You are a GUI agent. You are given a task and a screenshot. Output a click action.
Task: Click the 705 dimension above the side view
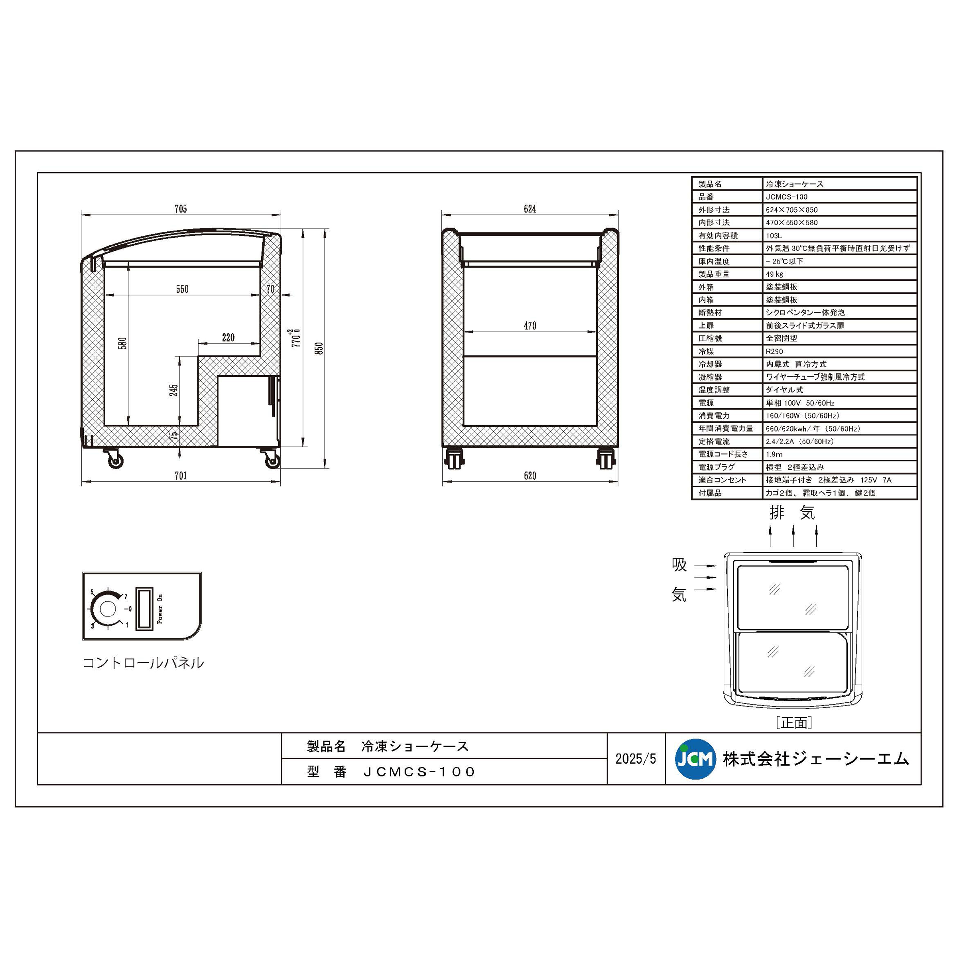tap(181, 209)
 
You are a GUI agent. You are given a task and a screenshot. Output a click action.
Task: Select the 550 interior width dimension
tap(182, 289)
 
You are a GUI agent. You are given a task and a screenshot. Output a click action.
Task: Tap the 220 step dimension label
tap(228, 338)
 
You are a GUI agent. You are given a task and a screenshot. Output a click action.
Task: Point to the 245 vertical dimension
tap(173, 390)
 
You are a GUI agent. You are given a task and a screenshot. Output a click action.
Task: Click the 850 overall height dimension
tap(319, 348)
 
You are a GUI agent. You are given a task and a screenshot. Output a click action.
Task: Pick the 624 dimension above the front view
tap(530, 209)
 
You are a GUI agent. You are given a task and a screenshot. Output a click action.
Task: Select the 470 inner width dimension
tap(530, 326)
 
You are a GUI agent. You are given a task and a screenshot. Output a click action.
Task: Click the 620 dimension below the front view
tap(530, 476)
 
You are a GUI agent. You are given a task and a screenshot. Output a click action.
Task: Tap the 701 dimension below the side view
tap(181, 476)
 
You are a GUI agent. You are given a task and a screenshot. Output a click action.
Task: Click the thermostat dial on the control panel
tap(108, 609)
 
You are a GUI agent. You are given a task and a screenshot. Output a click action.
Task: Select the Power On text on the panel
tap(159, 609)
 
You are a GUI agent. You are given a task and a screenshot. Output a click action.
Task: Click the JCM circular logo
tap(695, 759)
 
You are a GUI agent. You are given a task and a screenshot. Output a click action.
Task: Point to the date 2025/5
tap(636, 759)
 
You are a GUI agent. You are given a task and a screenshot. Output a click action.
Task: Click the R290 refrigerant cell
tap(775, 352)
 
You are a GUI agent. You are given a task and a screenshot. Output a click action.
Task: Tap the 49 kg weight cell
tap(775, 274)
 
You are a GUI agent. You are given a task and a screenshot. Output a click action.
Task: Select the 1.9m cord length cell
tap(774, 454)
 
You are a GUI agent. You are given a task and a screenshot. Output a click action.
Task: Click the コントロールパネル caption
tap(143, 663)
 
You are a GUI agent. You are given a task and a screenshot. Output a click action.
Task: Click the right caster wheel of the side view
tap(272, 462)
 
